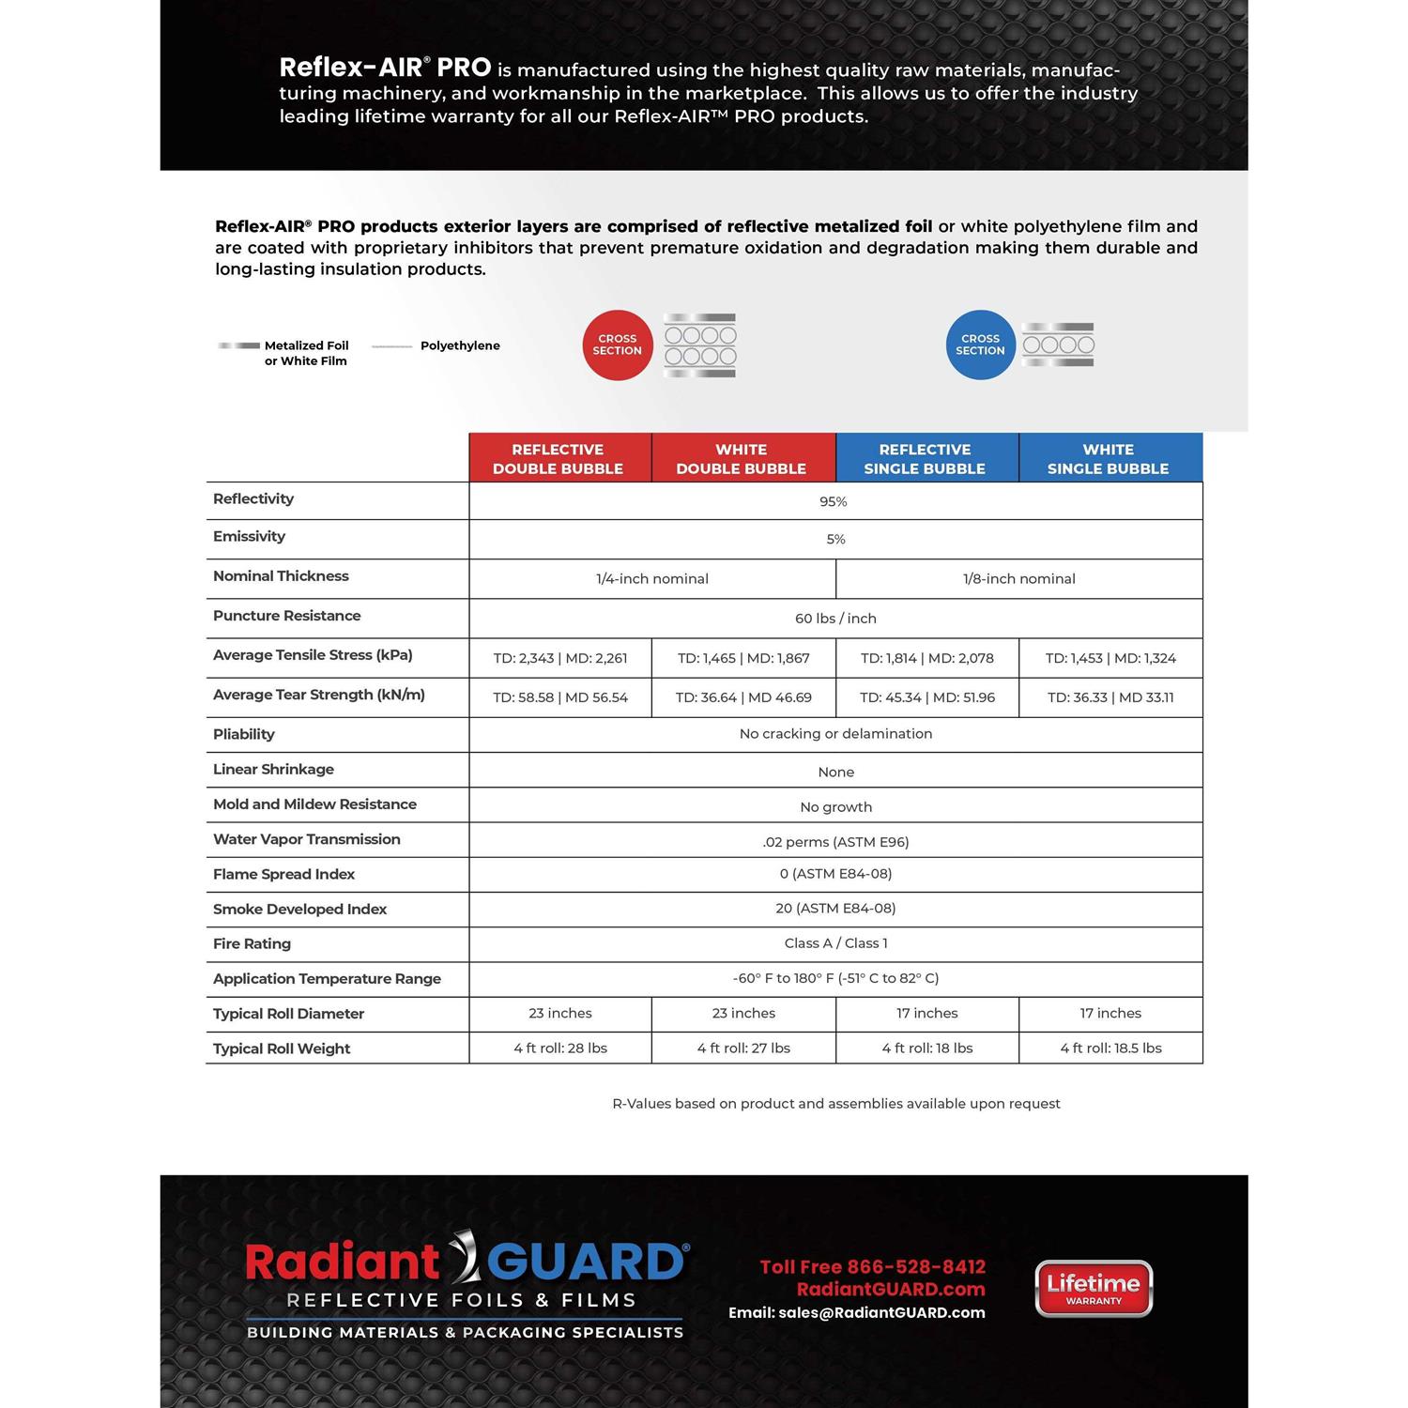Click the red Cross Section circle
[x=617, y=344]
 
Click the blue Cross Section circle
[x=980, y=344]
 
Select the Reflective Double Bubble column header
[x=558, y=458]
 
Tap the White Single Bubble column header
[x=1108, y=458]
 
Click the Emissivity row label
[x=249, y=536]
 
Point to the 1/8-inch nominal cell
[x=1018, y=578]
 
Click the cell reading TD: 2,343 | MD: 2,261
[x=560, y=658]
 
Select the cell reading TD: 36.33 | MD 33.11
[x=1110, y=697]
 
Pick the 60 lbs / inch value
[x=835, y=619]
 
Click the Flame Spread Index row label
[x=283, y=874]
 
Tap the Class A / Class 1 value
[x=835, y=943]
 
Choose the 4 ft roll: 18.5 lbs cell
[x=1110, y=1048]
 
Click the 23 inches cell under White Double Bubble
[x=743, y=1014]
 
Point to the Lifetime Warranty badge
[x=1094, y=1288]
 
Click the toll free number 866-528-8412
[x=916, y=1267]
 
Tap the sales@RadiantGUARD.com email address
[x=881, y=1313]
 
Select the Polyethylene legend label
[x=460, y=345]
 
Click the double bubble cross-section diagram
[x=700, y=345]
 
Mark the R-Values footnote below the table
[x=835, y=1104]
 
